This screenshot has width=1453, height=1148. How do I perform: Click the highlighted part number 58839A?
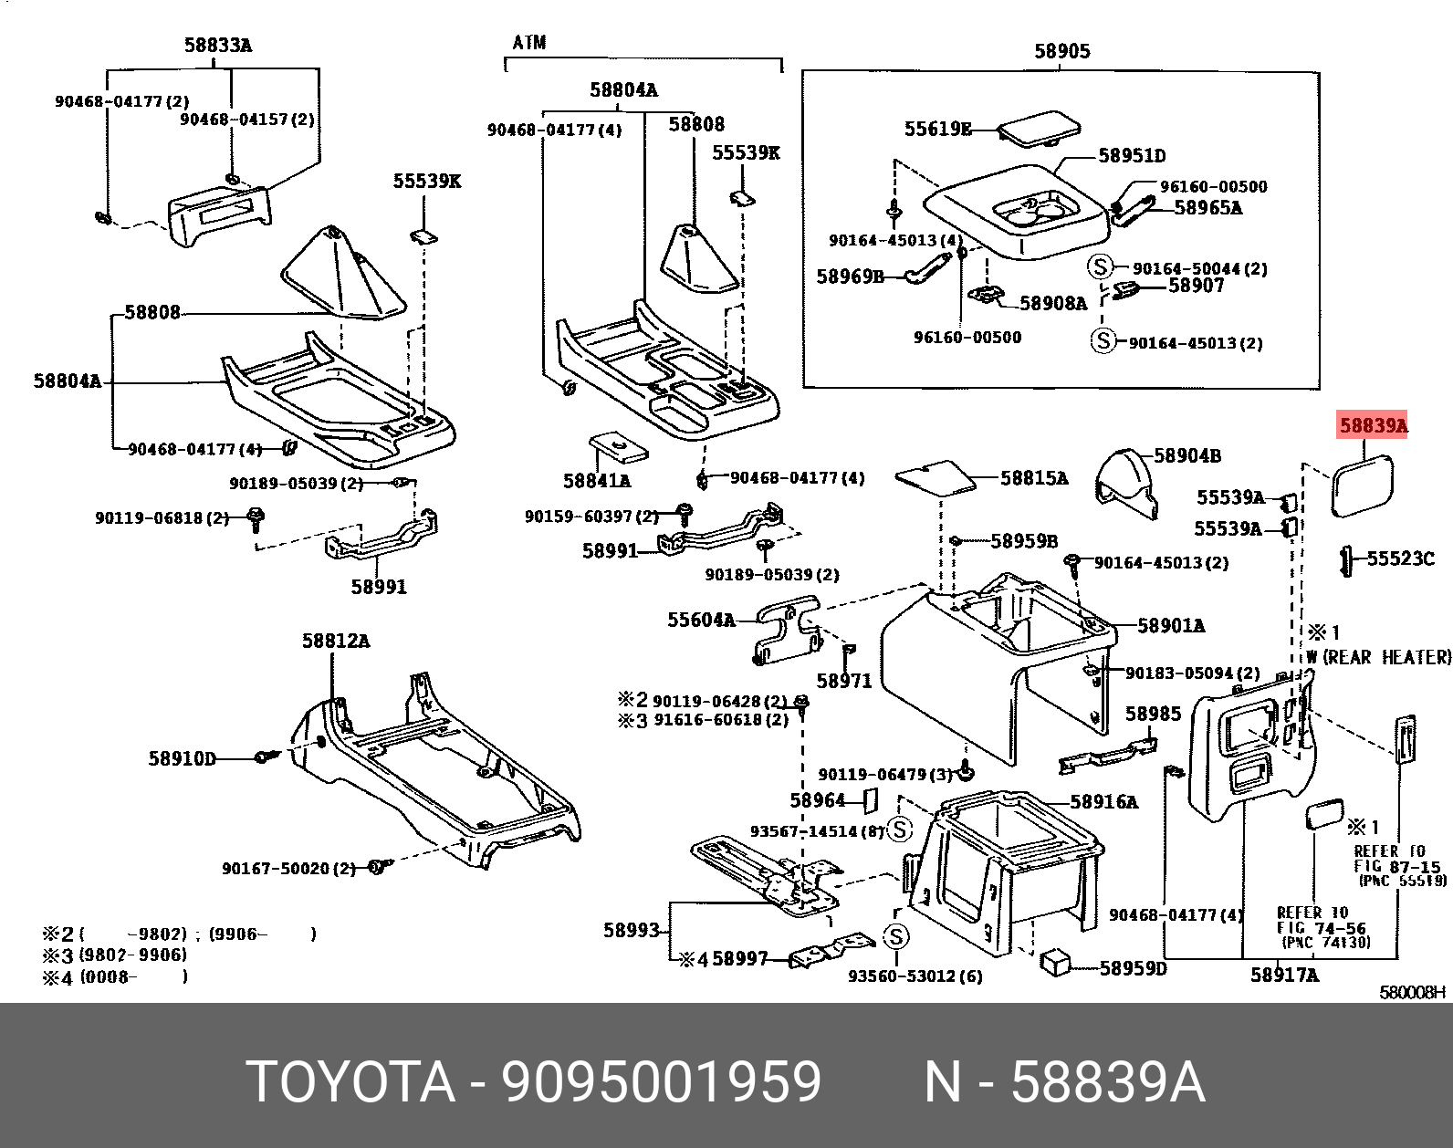tap(1373, 425)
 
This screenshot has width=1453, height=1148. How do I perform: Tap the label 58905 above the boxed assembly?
tap(1061, 51)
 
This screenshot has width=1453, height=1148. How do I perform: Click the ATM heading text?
tap(529, 43)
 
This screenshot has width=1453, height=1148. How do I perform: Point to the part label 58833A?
tap(217, 45)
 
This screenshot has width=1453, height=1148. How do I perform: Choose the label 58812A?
tap(336, 641)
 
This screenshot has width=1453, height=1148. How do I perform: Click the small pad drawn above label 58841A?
tap(618, 447)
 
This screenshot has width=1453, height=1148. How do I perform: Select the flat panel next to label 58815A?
tap(935, 476)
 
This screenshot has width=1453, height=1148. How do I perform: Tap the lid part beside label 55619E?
tap(1037, 127)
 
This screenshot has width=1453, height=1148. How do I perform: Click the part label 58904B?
tap(1186, 455)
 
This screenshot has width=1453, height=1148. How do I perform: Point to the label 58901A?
tap(1171, 625)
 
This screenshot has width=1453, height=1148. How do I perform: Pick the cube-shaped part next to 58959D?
tap(1056, 962)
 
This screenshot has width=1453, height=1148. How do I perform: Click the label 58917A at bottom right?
tap(1284, 975)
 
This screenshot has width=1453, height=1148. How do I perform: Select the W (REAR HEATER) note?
tap(1377, 657)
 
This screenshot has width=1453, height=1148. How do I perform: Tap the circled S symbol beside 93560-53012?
tap(896, 936)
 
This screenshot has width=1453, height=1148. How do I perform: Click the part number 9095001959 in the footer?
tap(662, 1082)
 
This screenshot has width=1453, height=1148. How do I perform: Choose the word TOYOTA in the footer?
tap(350, 1082)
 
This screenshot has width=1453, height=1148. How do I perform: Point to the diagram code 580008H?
tap(1412, 992)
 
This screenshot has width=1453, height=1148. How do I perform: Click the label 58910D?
tap(183, 758)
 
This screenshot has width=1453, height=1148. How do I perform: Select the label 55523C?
tap(1400, 558)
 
